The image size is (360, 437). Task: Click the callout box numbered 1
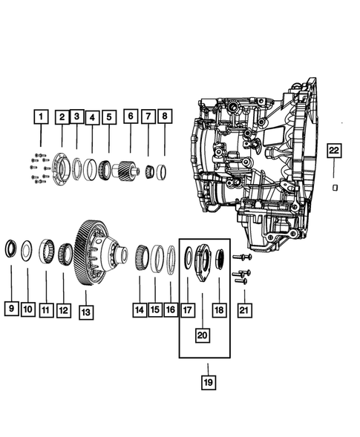click(41, 116)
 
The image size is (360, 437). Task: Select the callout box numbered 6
click(130, 116)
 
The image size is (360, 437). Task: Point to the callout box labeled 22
click(334, 151)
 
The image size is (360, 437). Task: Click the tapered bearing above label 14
click(140, 257)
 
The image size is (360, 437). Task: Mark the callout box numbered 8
click(165, 116)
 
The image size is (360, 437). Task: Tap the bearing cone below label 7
click(149, 171)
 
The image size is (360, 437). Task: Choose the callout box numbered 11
click(45, 308)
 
